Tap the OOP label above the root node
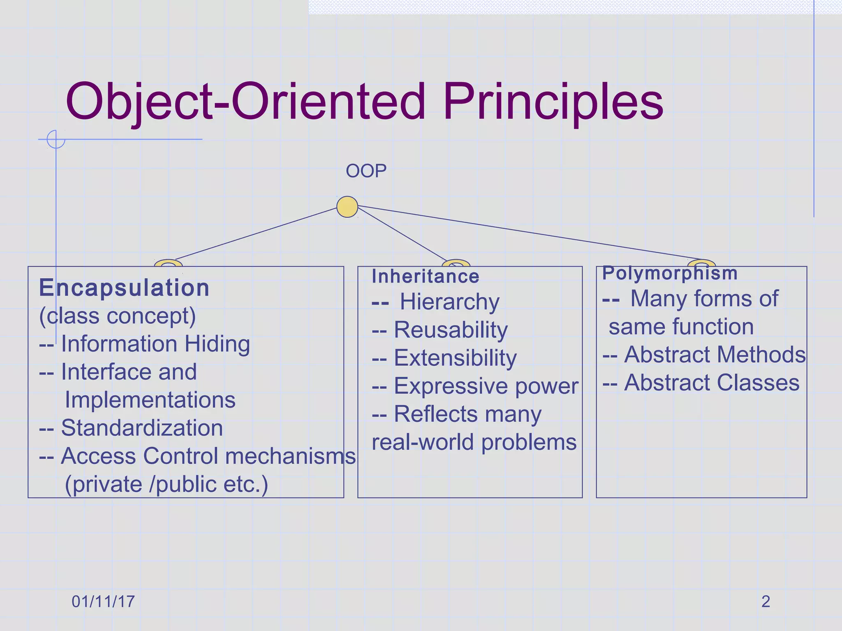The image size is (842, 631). pos(366,171)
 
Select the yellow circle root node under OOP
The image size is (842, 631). pos(347,207)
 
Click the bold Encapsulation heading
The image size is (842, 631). pos(124,288)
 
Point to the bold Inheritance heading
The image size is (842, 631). pos(426,276)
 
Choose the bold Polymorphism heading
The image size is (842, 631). pos(670,273)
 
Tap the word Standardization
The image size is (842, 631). pos(142,428)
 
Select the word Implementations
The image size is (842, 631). pos(150,400)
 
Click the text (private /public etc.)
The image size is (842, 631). pos(167,484)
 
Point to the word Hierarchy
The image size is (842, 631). pos(450,302)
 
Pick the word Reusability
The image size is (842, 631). pos(451,330)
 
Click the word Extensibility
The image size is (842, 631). pos(455,358)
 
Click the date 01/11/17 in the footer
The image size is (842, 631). pos(103,601)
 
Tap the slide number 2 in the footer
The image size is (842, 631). pos(766,601)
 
